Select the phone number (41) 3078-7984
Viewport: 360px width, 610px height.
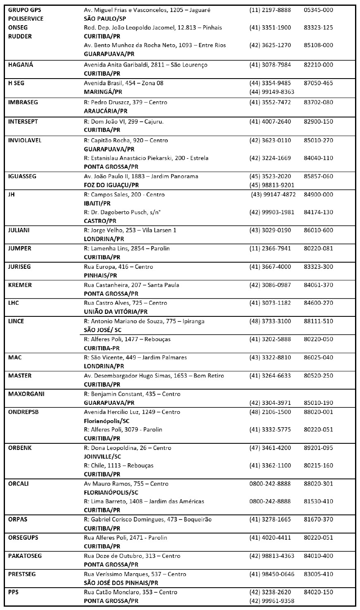tap(270, 65)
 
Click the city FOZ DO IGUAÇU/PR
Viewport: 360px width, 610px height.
tap(111, 185)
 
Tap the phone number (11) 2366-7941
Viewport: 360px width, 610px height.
tap(270, 249)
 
